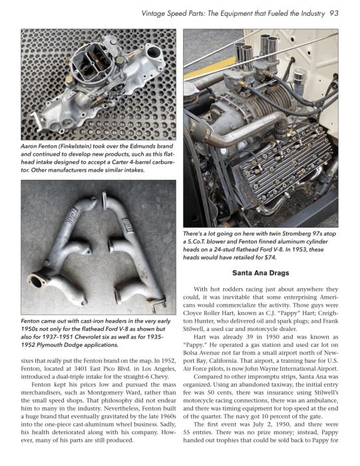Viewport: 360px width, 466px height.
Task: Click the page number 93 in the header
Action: pos(333,13)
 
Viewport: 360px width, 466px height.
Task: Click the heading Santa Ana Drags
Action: pos(260,273)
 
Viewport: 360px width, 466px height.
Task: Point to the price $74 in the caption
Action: pos(270,258)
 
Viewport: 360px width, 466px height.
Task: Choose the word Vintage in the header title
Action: pos(152,14)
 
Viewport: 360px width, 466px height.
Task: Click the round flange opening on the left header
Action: pos(37,282)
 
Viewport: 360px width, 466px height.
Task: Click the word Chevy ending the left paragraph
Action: pos(161,377)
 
